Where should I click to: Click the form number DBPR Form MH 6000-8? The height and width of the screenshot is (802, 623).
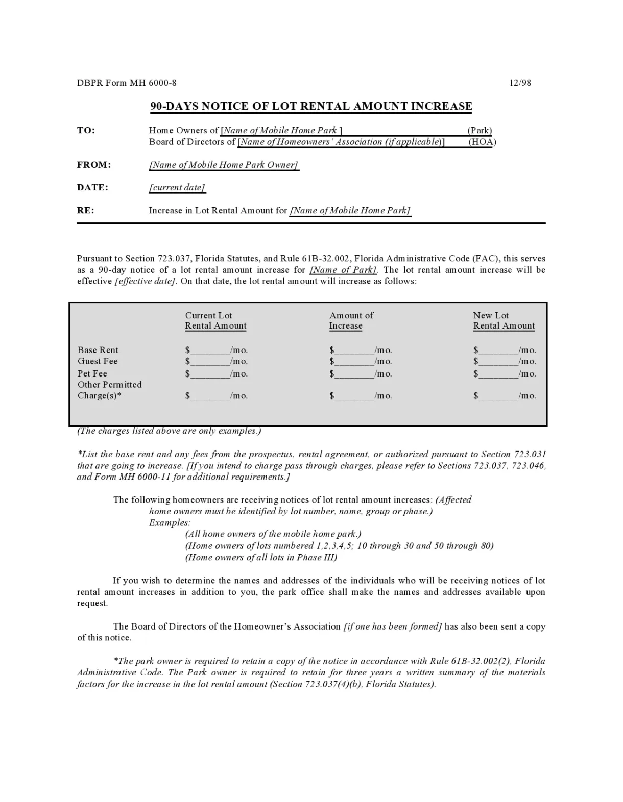click(127, 83)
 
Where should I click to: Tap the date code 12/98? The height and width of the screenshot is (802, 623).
click(520, 83)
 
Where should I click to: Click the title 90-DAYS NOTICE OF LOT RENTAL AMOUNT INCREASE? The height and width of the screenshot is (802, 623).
click(311, 106)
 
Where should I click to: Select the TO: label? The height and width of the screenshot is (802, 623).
click(86, 130)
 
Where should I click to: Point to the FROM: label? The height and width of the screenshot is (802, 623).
click(93, 165)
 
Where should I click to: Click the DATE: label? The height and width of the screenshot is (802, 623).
click(92, 187)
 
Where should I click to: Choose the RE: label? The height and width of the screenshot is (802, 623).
click(85, 210)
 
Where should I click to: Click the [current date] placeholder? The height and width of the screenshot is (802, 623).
click(177, 187)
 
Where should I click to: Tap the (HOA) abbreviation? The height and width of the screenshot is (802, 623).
click(482, 142)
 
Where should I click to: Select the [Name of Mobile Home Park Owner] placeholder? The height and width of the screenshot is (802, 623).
click(224, 165)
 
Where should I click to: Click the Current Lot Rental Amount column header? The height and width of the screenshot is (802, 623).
click(215, 320)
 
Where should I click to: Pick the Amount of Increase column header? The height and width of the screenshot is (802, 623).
click(351, 320)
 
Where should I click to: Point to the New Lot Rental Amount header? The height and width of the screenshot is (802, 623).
click(504, 320)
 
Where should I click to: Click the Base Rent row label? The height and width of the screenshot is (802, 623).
click(98, 350)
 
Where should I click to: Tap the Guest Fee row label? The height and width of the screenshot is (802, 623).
click(98, 361)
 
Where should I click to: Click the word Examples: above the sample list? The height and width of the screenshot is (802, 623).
click(170, 523)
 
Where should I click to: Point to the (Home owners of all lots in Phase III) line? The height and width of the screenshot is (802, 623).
click(261, 557)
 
